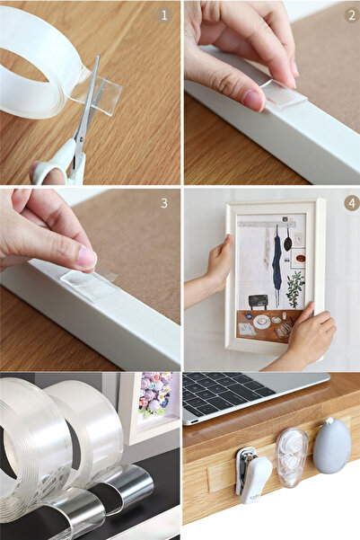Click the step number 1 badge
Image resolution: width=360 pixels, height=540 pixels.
click(164, 15)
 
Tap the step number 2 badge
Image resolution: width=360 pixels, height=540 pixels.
click(349, 15)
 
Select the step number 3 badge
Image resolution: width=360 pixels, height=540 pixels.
click(164, 203)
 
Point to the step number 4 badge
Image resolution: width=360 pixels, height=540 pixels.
click(349, 203)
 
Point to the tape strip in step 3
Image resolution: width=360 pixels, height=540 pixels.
click(88, 285)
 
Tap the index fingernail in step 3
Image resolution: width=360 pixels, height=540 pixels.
click(86, 258)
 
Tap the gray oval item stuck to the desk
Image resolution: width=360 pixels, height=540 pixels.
click(331, 446)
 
